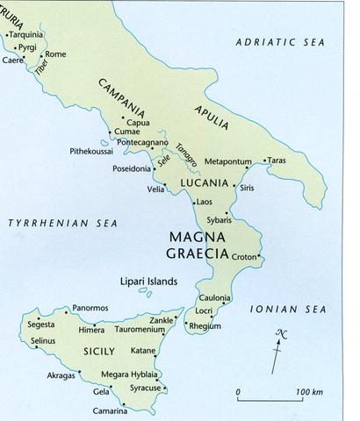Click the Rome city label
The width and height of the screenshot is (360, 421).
click(55, 54)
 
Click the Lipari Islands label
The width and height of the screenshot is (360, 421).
click(148, 282)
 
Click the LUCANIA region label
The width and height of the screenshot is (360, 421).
click(204, 183)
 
